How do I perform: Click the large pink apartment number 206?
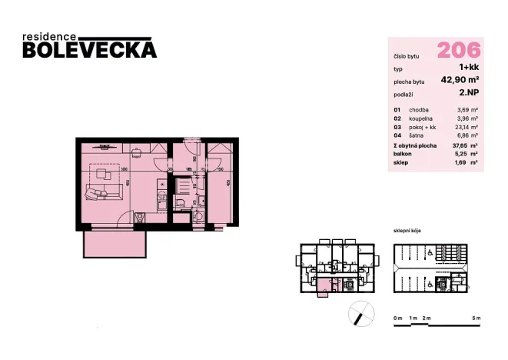(x=459, y=50)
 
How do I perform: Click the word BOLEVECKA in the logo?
(x=90, y=50)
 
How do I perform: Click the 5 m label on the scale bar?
(x=476, y=318)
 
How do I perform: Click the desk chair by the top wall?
(x=101, y=148)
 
